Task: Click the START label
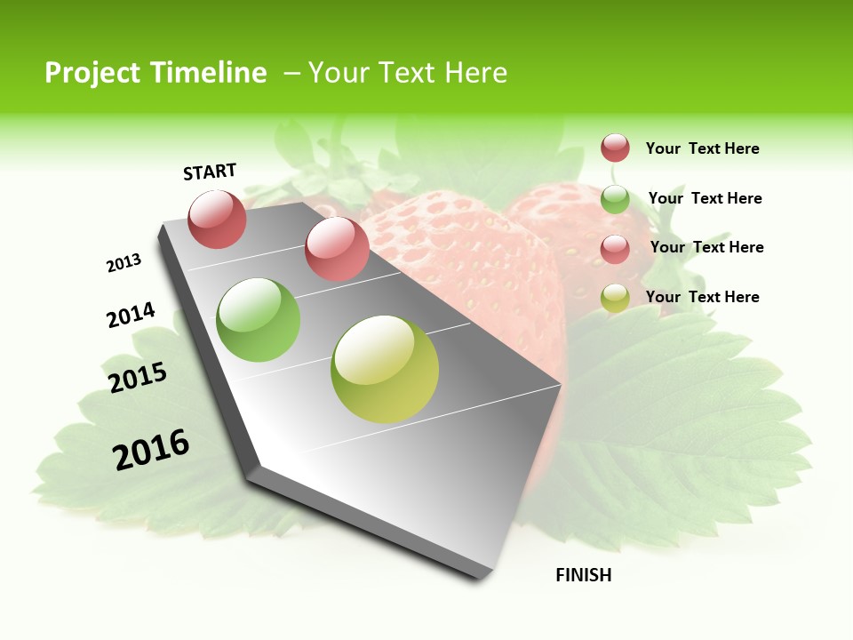210,172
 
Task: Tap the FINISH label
583,575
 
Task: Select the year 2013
124,263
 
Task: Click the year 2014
131,315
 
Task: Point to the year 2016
151,450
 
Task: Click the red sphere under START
218,220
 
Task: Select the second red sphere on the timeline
337,248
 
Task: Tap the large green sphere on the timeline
259,320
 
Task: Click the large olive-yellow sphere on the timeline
385,369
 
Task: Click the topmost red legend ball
615,148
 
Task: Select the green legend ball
615,199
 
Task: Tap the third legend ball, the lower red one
615,249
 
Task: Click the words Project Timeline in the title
155,73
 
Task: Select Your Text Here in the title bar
408,73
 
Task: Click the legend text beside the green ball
705,198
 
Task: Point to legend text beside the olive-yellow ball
702,297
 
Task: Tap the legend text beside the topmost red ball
702,148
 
